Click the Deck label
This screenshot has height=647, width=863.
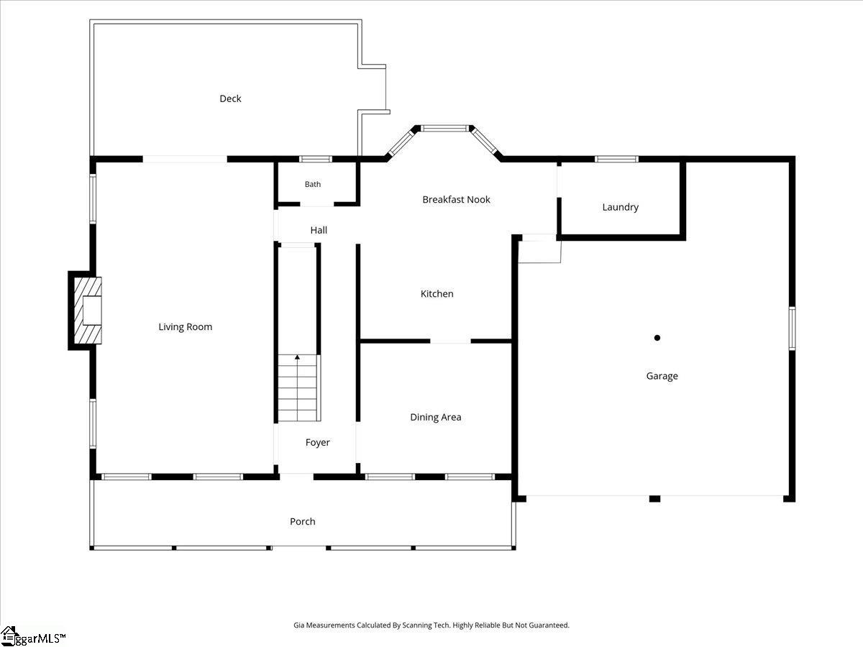click(230, 98)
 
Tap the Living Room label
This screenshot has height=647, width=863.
click(185, 327)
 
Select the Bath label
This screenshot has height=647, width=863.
click(313, 184)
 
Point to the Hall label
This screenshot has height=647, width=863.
click(319, 230)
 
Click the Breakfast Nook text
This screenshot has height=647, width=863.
click(456, 200)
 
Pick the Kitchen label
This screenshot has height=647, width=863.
click(437, 294)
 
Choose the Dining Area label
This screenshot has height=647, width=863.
click(436, 417)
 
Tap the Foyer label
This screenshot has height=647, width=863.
click(318, 443)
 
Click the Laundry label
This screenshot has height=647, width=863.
click(621, 207)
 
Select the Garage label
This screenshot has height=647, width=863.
click(662, 376)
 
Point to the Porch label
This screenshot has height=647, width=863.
click(302, 522)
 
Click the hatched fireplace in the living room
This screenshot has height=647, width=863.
click(88, 311)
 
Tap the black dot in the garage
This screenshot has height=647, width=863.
click(657, 338)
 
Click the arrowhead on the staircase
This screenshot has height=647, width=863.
click(297, 357)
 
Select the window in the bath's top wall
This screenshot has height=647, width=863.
click(316, 159)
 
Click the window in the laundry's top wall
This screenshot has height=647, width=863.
click(616, 159)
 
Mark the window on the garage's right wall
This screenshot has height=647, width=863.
click(793, 329)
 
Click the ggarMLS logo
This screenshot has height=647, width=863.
click(32, 636)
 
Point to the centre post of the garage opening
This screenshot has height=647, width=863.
click(654, 499)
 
